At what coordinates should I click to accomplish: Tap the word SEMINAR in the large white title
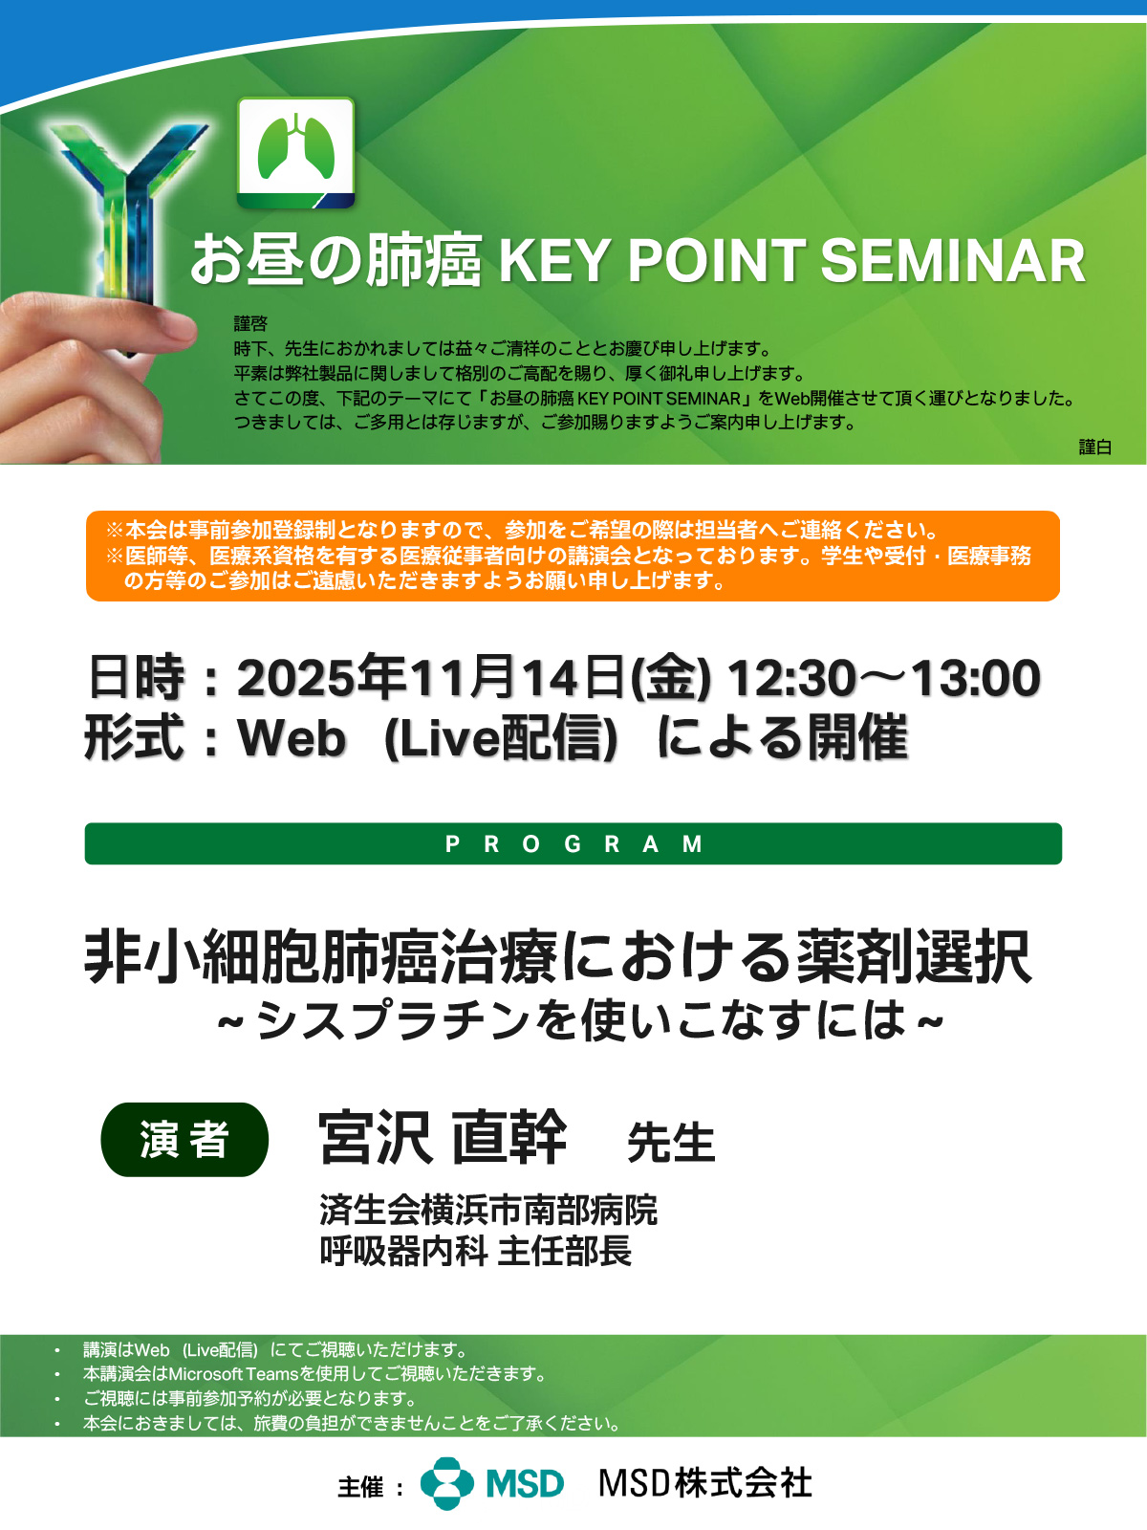pyautogui.click(x=953, y=261)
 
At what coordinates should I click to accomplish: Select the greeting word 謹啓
pyautogui.click(x=250, y=323)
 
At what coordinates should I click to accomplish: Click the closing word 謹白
pyautogui.click(x=1094, y=447)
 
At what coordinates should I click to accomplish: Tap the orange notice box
pyautogui.click(x=573, y=556)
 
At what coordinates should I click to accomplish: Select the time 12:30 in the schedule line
pyautogui.click(x=790, y=678)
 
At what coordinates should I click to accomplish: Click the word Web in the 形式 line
pyautogui.click(x=292, y=737)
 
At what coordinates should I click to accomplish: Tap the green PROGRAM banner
pyautogui.click(x=573, y=843)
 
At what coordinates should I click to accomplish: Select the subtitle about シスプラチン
pyautogui.click(x=580, y=1019)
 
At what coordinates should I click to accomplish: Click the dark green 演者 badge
pyautogui.click(x=184, y=1140)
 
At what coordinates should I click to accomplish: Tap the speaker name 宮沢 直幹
pyautogui.click(x=443, y=1138)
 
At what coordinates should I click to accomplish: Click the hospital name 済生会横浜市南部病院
pyautogui.click(x=488, y=1210)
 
